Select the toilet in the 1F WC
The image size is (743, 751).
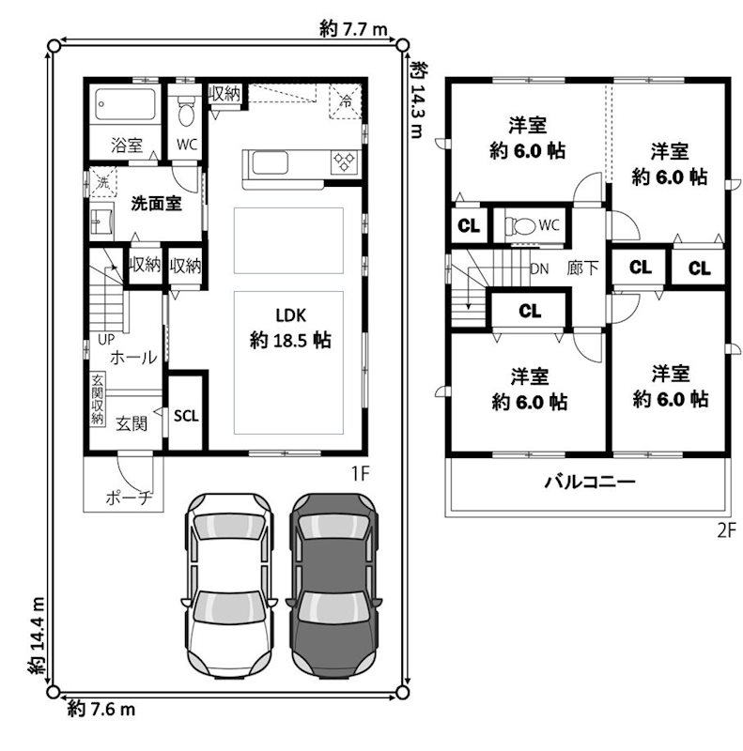pos(186,115)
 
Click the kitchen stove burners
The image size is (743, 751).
pos(344,162)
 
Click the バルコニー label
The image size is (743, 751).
pos(590,483)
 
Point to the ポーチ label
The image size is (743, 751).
pos(123,498)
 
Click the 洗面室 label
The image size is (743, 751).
pos(156,202)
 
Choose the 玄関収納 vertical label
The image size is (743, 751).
pos(97,400)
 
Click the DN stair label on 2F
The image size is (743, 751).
pos(539,268)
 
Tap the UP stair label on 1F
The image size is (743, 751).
pos(96,340)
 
